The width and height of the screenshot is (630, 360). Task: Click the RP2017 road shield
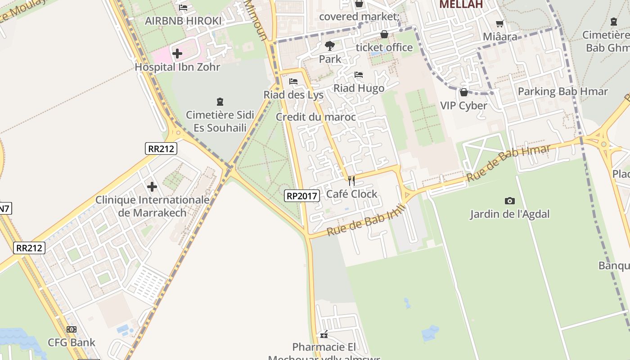[x=302, y=196]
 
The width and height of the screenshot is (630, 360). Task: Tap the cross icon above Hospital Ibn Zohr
[x=177, y=54]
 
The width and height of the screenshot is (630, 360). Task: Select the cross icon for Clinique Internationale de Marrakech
[x=152, y=186]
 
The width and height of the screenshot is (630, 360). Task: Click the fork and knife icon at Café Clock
[x=351, y=181]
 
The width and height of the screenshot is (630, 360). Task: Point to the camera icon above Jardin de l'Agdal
[x=509, y=201]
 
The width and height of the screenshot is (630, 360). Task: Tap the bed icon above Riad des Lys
[x=293, y=81]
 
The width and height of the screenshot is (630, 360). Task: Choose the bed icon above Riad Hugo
[x=359, y=75]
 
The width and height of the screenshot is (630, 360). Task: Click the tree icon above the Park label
[x=330, y=45]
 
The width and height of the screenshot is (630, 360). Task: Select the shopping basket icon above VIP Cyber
[x=463, y=92]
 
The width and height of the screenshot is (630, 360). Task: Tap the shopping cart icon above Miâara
[x=499, y=23]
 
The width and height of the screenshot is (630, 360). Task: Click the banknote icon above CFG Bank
[x=72, y=329]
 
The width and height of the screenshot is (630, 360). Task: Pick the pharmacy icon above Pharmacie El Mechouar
[x=324, y=334]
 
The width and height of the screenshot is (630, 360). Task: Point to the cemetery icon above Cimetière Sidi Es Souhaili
[x=220, y=102]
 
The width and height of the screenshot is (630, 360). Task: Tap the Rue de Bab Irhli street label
[x=366, y=220]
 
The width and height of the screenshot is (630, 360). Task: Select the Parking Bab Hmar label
[x=562, y=92]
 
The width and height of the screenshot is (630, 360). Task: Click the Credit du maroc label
[x=316, y=117]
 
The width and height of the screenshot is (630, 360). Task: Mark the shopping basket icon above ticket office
[x=384, y=34]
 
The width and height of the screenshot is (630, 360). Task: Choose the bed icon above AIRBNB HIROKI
[x=183, y=7]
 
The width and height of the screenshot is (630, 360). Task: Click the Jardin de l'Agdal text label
[x=510, y=214]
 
